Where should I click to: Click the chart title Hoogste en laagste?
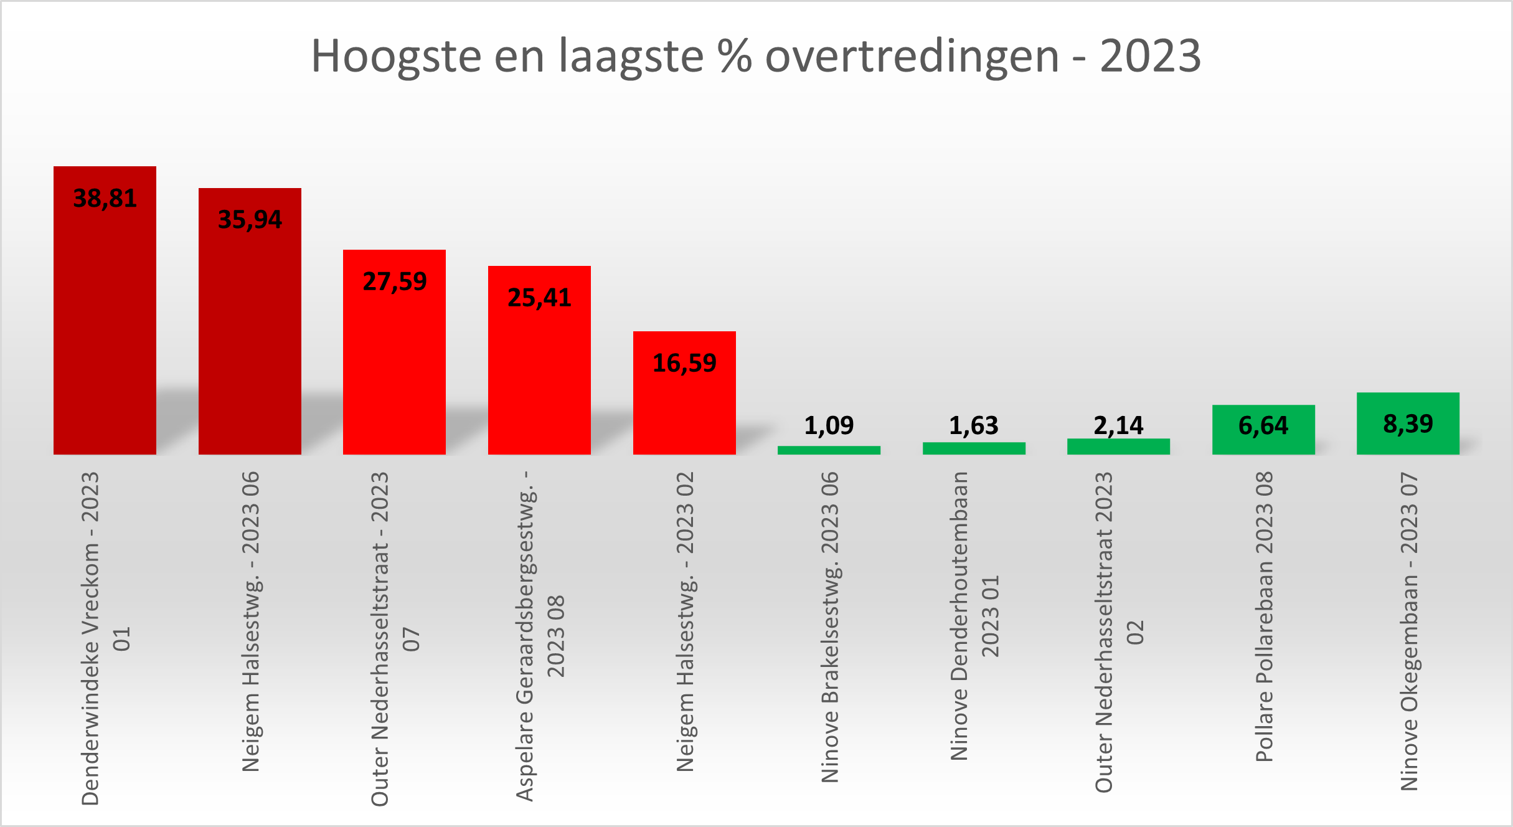tap(755, 56)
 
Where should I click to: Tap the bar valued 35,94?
tap(250, 336)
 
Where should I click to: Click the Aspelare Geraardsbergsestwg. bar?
tap(539, 374)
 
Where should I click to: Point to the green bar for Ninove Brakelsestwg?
tap(829, 450)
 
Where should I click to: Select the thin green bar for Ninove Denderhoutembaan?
tap(974, 448)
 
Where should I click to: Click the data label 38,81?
tap(105, 199)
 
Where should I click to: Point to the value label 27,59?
tap(395, 282)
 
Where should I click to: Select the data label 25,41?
tap(539, 298)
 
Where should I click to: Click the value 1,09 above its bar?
tap(829, 426)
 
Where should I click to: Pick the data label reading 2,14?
tap(1118, 426)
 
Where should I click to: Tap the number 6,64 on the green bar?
tap(1263, 426)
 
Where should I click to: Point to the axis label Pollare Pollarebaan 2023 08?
tap(1264, 617)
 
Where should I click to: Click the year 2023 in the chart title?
tap(1150, 56)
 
